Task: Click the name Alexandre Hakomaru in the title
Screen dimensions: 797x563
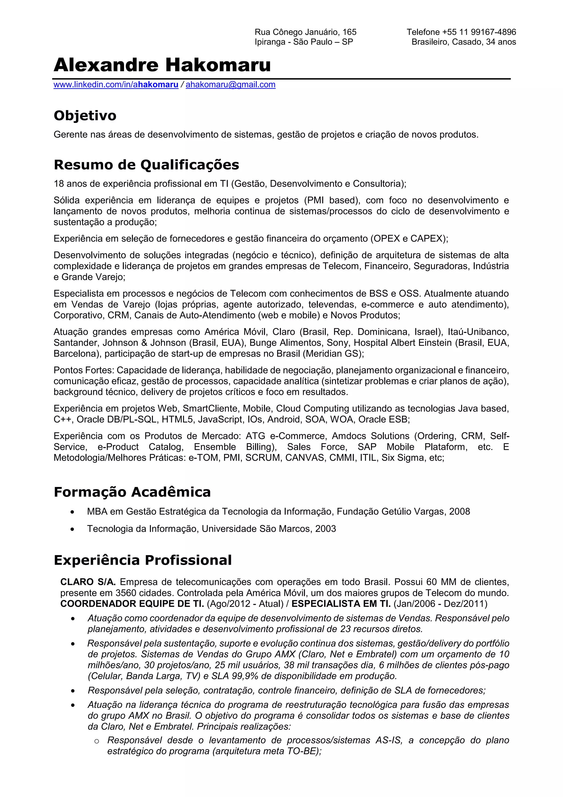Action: click(162, 65)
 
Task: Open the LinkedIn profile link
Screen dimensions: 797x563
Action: click(116, 85)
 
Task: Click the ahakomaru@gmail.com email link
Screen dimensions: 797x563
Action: click(231, 85)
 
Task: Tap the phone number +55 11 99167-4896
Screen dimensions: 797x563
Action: click(479, 32)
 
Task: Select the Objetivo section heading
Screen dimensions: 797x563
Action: click(85, 116)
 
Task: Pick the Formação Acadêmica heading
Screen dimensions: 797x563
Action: click(132, 492)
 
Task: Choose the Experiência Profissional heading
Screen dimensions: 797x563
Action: click(143, 560)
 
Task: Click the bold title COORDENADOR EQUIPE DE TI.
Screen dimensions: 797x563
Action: click(132, 604)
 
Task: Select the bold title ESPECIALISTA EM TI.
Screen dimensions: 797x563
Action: click(341, 604)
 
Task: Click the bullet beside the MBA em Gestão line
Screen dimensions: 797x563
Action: click(72, 512)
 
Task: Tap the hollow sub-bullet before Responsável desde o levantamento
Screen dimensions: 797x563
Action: click(97, 741)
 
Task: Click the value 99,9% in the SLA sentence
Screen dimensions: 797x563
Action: click(238, 676)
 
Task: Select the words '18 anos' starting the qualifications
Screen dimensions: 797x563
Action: click(69, 183)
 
